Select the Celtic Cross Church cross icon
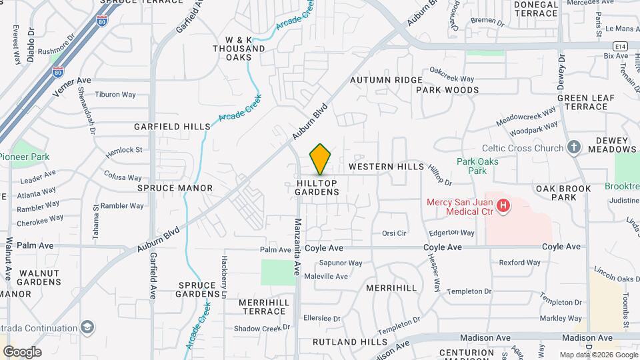pos(574,148)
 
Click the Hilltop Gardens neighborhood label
pos(317,187)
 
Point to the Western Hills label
pos(386,166)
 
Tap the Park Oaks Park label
pos(477,166)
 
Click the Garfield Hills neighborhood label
pos(172,126)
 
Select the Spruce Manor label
pos(175,188)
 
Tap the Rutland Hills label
pos(340,342)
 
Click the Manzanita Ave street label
pos(298,247)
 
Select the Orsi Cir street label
pos(394,233)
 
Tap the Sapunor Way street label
pos(341,263)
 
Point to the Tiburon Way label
pos(115,94)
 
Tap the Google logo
pos(22,351)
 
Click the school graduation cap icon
pos(87,327)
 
